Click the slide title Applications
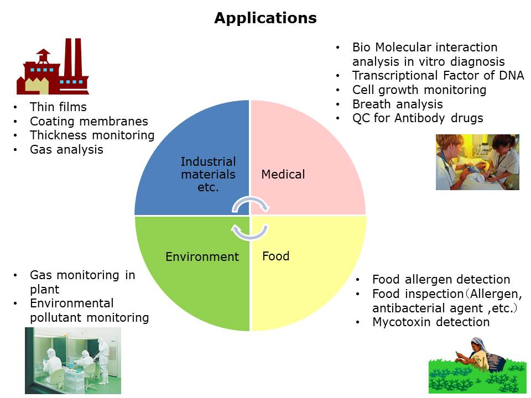(x=265, y=18)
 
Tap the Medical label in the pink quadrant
(x=283, y=174)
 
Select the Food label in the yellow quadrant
(x=275, y=256)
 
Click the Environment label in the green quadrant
(x=202, y=257)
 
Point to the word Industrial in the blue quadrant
(x=209, y=162)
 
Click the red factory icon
(x=53, y=66)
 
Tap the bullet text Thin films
(x=58, y=107)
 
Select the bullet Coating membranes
(x=89, y=121)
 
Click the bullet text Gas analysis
(x=66, y=150)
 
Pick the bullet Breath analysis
(x=398, y=104)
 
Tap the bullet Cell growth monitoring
(x=419, y=90)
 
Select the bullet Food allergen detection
(x=441, y=280)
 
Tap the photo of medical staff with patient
(x=477, y=162)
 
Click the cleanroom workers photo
(x=73, y=360)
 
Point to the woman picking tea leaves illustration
(x=477, y=365)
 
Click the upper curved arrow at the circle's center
(x=251, y=202)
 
